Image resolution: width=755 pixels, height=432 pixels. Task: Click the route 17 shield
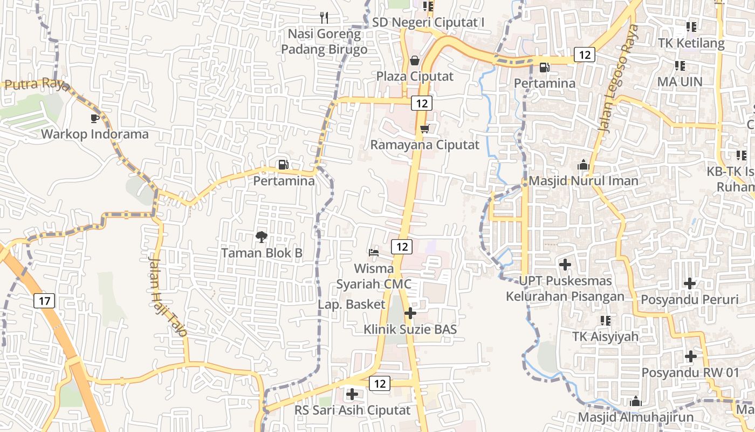[x=44, y=301]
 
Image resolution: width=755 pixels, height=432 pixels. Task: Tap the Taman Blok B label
[x=262, y=253]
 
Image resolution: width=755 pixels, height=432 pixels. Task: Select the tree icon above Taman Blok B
[x=262, y=237]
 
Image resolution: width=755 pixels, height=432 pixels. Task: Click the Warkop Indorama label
[x=95, y=134]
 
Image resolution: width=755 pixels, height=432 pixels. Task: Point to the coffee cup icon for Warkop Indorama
[x=95, y=118]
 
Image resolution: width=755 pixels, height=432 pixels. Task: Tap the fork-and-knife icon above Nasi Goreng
[x=324, y=18]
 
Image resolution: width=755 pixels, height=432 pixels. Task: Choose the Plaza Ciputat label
[x=415, y=76]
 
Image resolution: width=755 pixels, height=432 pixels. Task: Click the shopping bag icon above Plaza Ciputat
[x=415, y=60]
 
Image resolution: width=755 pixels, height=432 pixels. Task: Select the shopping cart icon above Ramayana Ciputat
[x=424, y=129]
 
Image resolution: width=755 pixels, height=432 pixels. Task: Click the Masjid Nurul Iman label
[x=584, y=181]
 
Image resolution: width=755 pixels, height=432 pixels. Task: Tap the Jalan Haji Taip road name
[x=168, y=296]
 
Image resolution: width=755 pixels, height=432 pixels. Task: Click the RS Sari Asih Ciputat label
[x=352, y=410]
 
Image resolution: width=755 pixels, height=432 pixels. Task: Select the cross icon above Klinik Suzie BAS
[x=410, y=313]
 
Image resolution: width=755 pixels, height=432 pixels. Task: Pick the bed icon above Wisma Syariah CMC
[x=373, y=252]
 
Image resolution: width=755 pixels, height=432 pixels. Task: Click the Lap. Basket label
[x=352, y=305]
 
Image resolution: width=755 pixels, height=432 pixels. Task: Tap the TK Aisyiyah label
[x=605, y=336]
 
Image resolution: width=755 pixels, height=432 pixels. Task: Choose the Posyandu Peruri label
[x=690, y=299]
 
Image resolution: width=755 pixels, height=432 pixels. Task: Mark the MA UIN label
[x=679, y=82]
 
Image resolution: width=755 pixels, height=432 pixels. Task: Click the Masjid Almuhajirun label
[x=635, y=417]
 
